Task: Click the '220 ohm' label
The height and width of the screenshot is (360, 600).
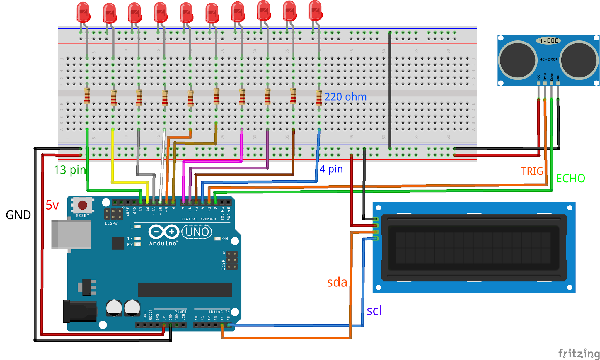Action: [x=345, y=97]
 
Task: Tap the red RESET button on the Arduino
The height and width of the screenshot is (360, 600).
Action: [x=83, y=205]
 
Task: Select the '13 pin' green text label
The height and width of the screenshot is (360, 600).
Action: [x=70, y=170]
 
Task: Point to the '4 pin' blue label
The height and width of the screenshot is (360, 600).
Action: [x=331, y=169]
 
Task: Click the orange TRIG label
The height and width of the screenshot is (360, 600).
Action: [x=532, y=171]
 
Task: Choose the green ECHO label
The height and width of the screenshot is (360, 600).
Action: [x=570, y=178]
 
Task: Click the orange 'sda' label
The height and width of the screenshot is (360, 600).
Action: [x=337, y=282]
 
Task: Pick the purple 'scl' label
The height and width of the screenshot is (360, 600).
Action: [x=374, y=310]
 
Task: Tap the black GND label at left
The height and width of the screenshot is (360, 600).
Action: [x=18, y=215]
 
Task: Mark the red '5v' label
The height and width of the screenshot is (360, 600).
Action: [x=52, y=205]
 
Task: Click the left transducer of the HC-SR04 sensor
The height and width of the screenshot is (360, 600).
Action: [x=518, y=60]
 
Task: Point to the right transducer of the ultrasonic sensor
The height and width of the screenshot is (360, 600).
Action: [x=579, y=60]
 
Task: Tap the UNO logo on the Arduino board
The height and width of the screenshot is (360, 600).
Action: [x=197, y=232]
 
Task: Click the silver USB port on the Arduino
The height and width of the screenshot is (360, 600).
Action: [x=71, y=235]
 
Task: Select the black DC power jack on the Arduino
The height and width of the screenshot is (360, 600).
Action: [x=80, y=311]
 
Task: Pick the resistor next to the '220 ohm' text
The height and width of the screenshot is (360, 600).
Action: [x=319, y=98]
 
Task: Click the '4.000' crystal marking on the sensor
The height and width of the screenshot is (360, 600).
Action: [x=548, y=40]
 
